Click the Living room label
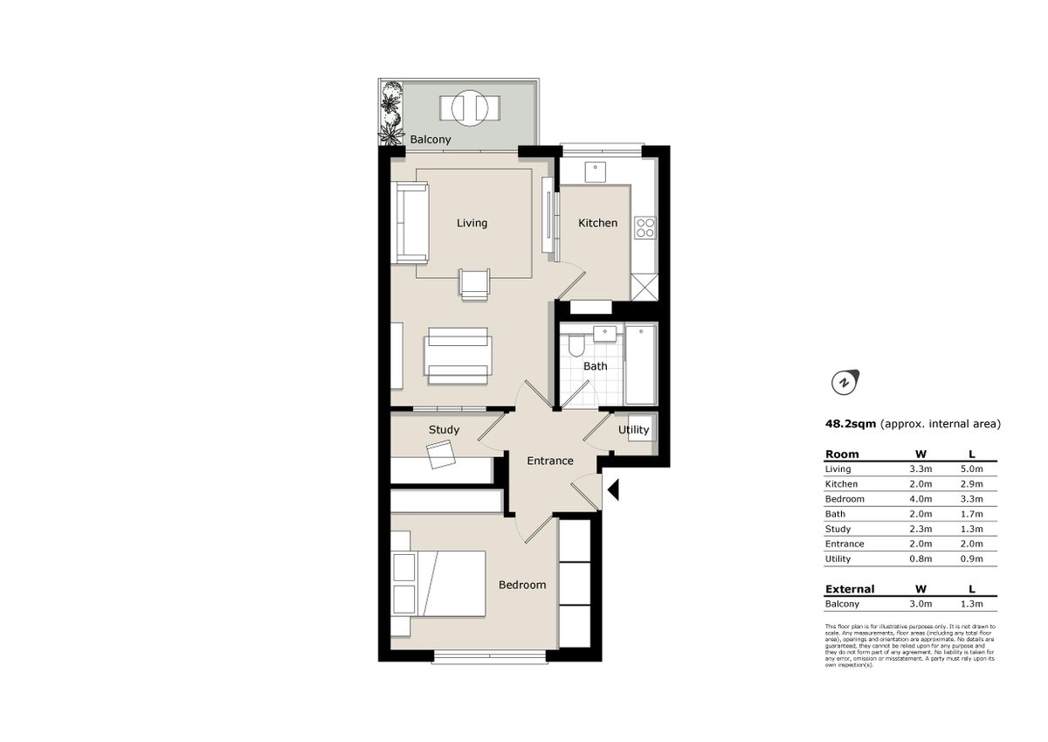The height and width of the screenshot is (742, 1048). [x=472, y=223]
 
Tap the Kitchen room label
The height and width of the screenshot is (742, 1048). [x=597, y=223]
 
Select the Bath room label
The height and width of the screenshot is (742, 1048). [x=595, y=366]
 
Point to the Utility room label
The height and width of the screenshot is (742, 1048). [x=633, y=430]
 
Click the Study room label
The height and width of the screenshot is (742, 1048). [x=444, y=430]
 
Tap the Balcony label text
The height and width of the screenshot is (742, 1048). [x=430, y=140]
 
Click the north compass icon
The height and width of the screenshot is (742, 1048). [x=844, y=382]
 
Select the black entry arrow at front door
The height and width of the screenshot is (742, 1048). [x=612, y=490]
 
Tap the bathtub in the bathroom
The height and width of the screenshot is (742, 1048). [x=640, y=364]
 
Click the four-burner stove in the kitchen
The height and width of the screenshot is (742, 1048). [x=645, y=228]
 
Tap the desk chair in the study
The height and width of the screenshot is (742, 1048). [x=441, y=454]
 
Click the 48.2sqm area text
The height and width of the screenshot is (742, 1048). [x=850, y=424]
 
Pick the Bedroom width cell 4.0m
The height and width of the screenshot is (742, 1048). [x=921, y=499]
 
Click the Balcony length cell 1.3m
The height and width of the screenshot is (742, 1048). [x=972, y=604]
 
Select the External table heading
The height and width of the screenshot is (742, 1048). [x=849, y=589]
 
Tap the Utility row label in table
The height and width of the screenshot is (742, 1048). [x=838, y=559]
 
